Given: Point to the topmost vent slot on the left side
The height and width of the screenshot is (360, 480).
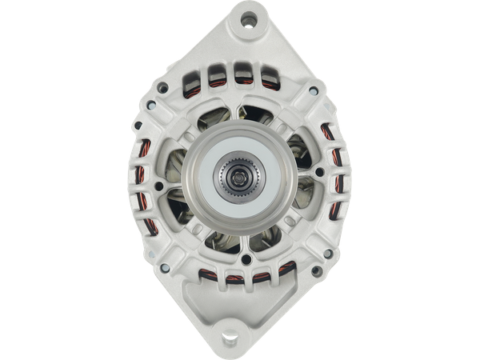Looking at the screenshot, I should tap(147, 150).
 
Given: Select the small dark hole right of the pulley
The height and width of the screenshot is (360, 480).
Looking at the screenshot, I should tap(319, 172).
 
